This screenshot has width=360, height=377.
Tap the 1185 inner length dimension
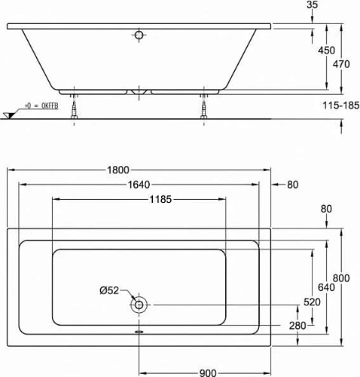click(140, 200)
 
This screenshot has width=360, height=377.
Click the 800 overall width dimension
click(342, 278)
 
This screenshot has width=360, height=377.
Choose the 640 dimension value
click(325, 287)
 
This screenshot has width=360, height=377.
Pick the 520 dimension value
click(312, 302)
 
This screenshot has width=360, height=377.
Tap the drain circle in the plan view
click(139, 306)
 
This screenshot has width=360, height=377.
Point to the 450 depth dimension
click(326, 51)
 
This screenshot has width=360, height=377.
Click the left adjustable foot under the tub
click(74, 109)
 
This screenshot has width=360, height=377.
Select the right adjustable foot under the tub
click(203, 109)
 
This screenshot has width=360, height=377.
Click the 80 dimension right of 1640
click(292, 185)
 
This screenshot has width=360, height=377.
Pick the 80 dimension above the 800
click(325, 209)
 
